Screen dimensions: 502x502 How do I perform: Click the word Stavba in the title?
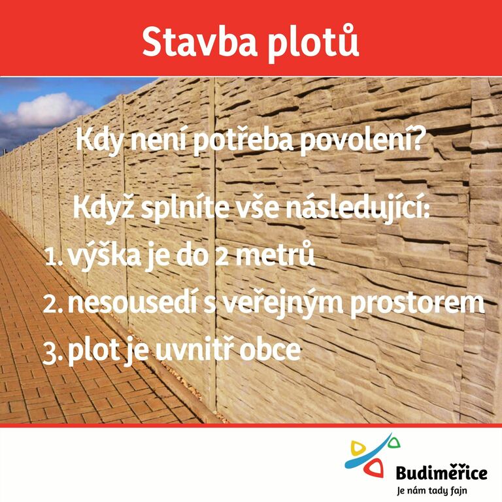coord(200,42)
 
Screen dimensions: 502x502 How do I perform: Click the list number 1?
coord(53,257)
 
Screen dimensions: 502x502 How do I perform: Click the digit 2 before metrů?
coord(222,257)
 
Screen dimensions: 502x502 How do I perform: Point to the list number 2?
coord(53,304)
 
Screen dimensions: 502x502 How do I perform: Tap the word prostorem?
coord(417,305)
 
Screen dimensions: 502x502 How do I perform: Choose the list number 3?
coord(53,354)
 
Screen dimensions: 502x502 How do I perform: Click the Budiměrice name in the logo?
coord(441,473)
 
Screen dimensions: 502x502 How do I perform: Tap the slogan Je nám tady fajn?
coord(431,490)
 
